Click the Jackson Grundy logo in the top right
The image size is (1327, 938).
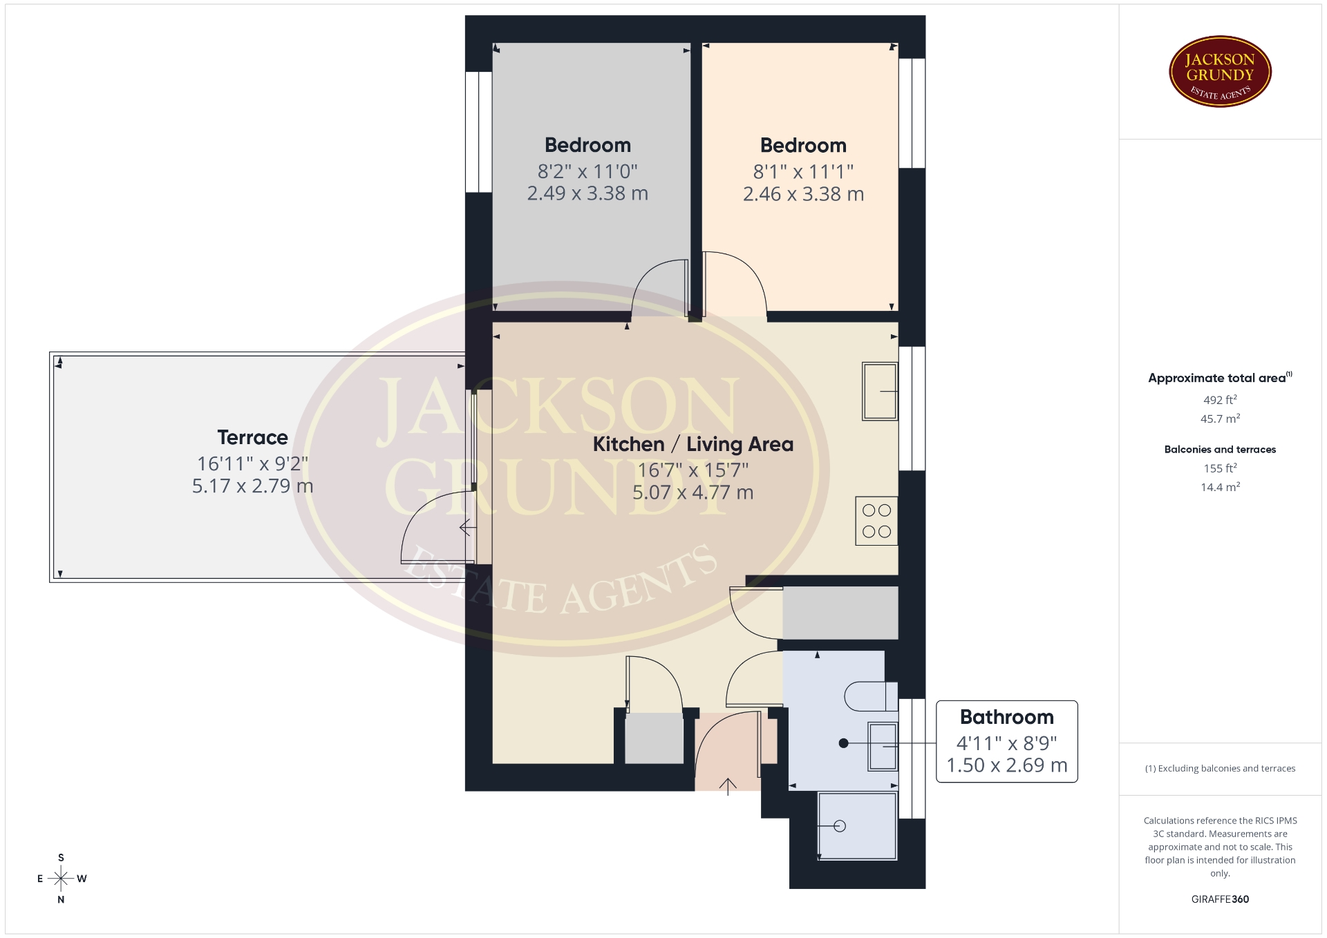click(x=1220, y=72)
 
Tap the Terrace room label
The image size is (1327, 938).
click(x=252, y=437)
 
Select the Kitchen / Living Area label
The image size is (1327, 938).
click(x=693, y=444)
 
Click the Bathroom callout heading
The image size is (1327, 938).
click(x=1006, y=717)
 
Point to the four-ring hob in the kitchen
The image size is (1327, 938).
click(x=876, y=521)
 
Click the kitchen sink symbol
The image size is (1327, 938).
click(x=880, y=392)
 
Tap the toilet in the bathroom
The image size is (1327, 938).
click(x=871, y=696)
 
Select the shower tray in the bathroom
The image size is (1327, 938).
click(x=857, y=825)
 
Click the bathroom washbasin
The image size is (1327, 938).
click(x=883, y=746)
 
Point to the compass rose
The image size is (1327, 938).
click(x=61, y=879)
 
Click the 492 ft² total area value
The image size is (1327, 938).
click(x=1220, y=399)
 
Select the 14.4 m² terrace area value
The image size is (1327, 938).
click(x=1220, y=487)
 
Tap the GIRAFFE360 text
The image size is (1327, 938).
click(x=1220, y=899)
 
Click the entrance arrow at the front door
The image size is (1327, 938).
click(x=728, y=786)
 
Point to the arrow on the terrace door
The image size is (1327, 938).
click(x=468, y=528)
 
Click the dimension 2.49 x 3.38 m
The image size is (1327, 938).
click(x=587, y=193)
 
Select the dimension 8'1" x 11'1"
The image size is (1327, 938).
click(x=803, y=171)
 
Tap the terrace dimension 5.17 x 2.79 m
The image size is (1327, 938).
click(x=252, y=486)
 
